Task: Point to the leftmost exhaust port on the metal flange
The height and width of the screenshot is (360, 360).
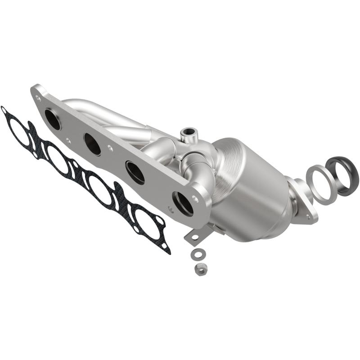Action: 53,119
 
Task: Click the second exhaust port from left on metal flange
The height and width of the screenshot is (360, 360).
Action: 92,144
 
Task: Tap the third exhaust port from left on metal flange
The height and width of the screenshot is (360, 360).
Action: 135,172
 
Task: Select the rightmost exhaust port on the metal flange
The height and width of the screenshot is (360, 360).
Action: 183,203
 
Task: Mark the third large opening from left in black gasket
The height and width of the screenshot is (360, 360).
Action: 100,190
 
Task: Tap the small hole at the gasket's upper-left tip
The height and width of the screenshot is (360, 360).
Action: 4,109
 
